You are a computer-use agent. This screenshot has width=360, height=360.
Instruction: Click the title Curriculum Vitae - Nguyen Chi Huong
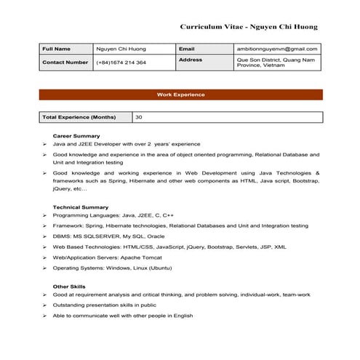click(249, 26)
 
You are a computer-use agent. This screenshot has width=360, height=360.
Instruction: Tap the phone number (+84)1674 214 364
click(121, 63)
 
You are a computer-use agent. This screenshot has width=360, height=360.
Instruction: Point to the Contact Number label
click(65, 63)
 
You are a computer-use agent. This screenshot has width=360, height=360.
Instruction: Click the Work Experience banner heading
click(180, 95)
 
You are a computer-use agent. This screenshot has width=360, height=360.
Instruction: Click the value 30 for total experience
click(139, 116)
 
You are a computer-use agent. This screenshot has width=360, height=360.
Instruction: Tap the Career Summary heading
click(76, 136)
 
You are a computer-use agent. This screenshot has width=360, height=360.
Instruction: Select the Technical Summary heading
click(81, 207)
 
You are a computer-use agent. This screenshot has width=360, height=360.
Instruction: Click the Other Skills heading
click(71, 286)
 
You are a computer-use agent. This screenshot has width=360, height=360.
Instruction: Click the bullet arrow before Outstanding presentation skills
click(45, 305)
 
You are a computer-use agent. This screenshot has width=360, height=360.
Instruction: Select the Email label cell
click(187, 49)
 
